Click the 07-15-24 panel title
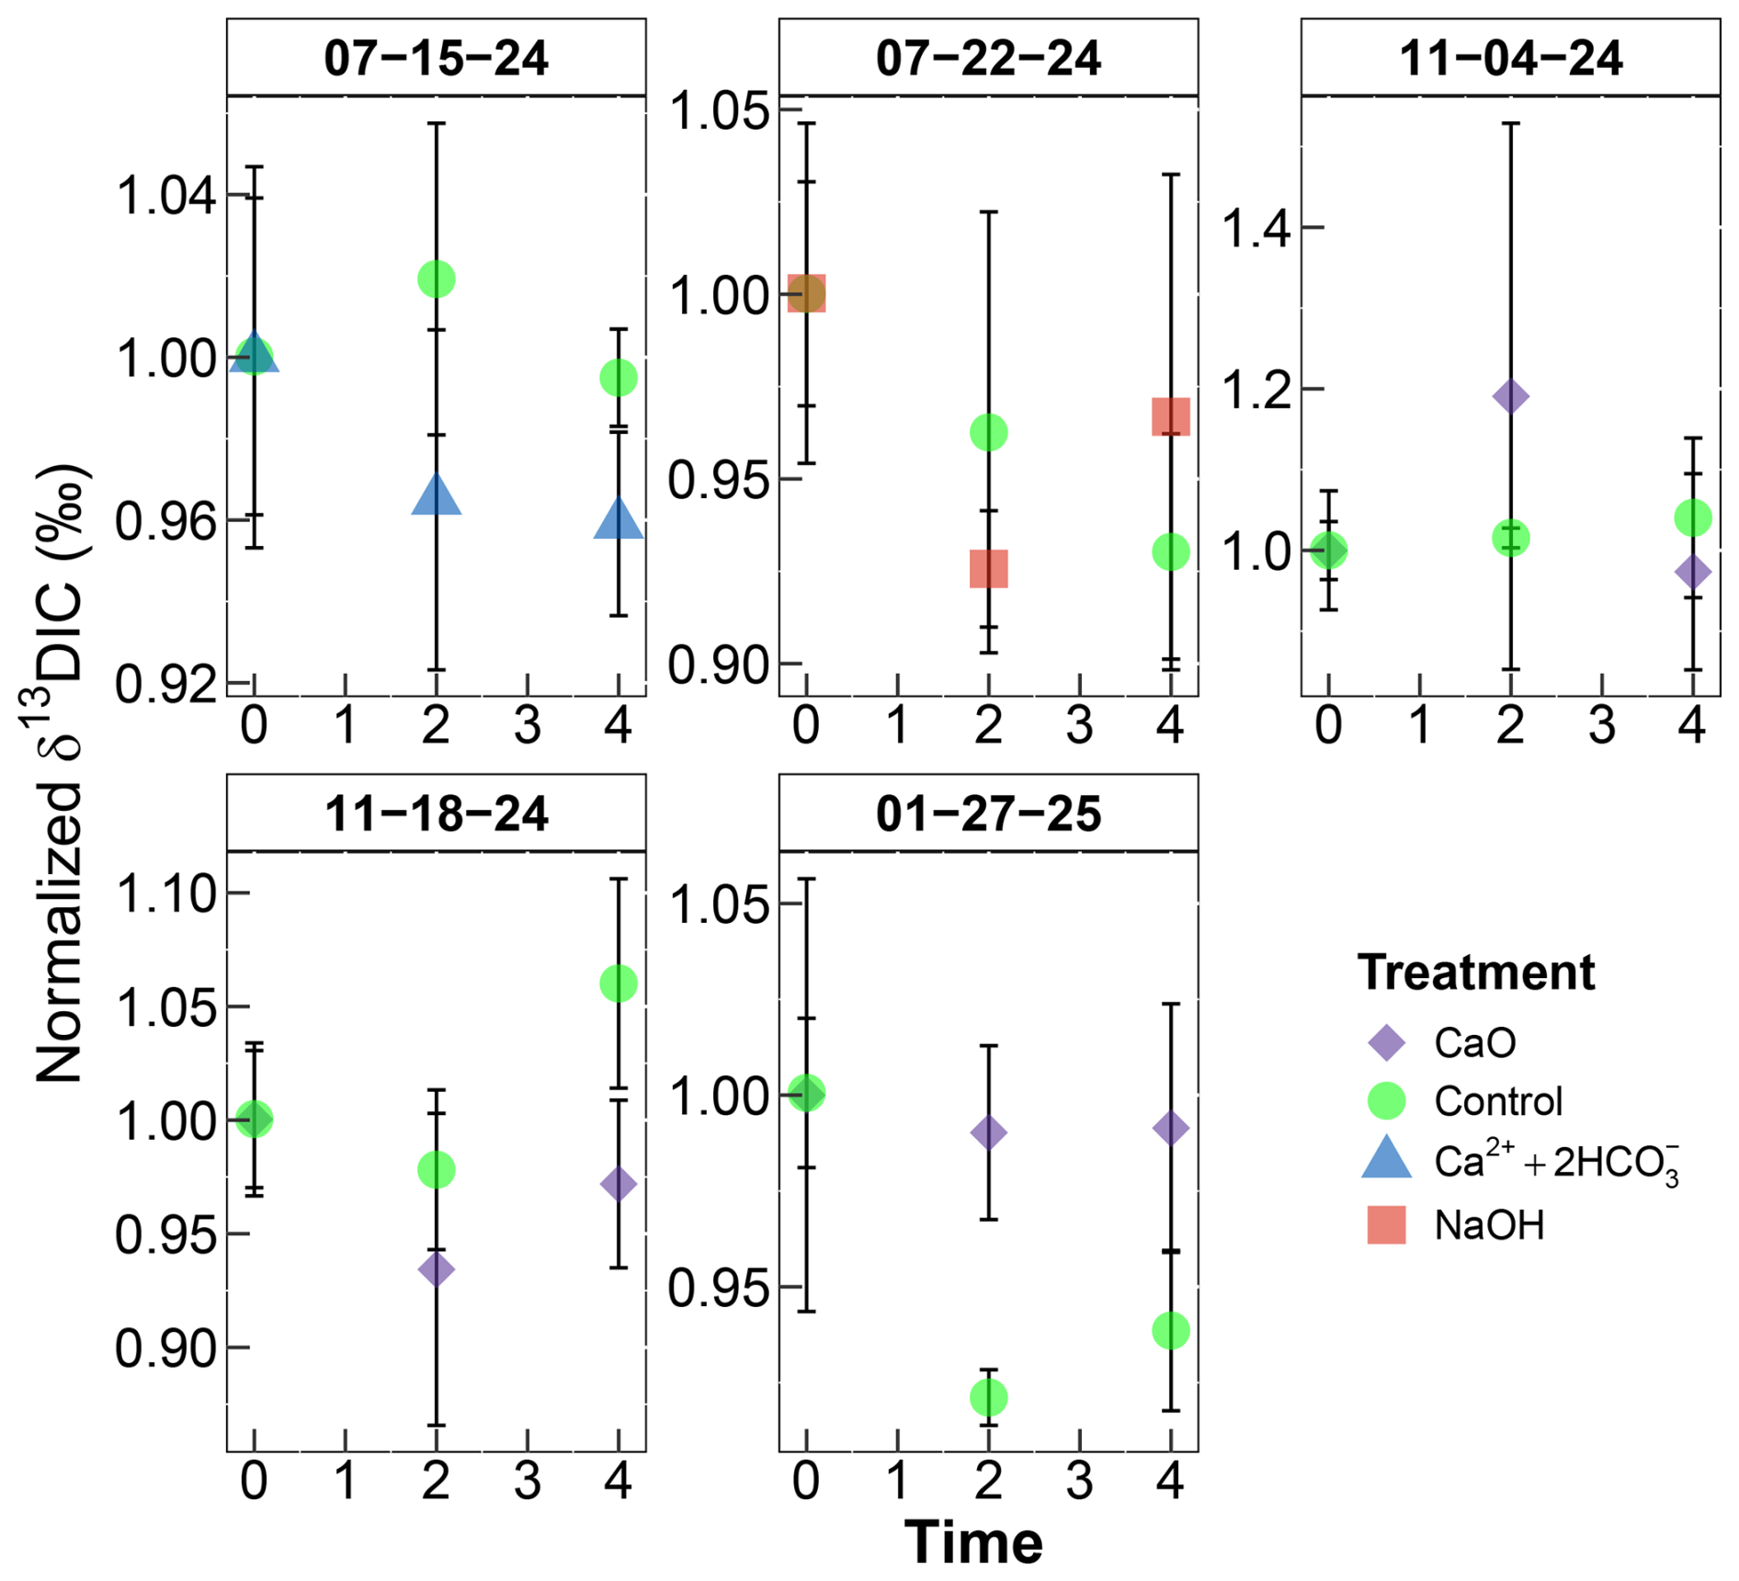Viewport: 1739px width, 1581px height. pos(436,58)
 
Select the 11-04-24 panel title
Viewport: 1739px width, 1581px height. pos(1510,58)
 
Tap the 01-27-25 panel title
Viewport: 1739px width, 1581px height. pos(988,813)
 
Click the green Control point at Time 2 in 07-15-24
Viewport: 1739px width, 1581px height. pos(436,279)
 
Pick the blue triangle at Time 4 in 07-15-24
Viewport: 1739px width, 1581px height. pos(619,518)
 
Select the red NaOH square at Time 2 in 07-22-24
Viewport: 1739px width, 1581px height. pos(989,569)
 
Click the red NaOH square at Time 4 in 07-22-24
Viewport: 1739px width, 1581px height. pos(1171,416)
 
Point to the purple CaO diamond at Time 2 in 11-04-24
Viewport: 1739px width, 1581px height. pos(1510,397)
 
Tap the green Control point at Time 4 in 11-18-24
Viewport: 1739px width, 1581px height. pos(619,984)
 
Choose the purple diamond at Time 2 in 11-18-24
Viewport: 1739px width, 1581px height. pos(436,1270)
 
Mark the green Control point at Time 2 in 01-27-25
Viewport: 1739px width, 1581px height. pos(989,1398)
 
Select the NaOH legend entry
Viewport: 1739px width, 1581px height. pos(1456,1225)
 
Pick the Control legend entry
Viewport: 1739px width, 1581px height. pos(1465,1100)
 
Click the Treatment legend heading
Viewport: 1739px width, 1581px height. pos(1476,972)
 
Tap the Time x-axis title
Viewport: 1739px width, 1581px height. pos(973,1541)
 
